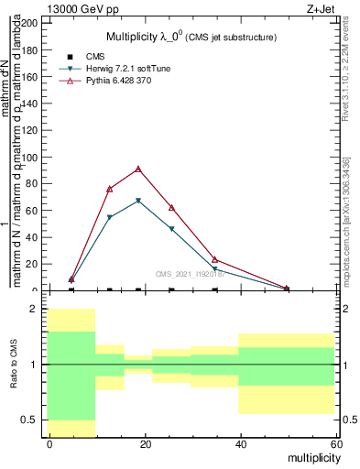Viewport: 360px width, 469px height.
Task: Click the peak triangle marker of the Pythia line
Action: coord(138,169)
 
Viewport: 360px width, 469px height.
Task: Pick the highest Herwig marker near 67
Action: coord(138,201)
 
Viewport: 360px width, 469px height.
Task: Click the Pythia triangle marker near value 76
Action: coord(110,189)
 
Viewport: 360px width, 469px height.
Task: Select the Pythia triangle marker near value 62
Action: coord(171,208)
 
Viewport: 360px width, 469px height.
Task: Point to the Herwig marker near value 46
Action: coord(171,229)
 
